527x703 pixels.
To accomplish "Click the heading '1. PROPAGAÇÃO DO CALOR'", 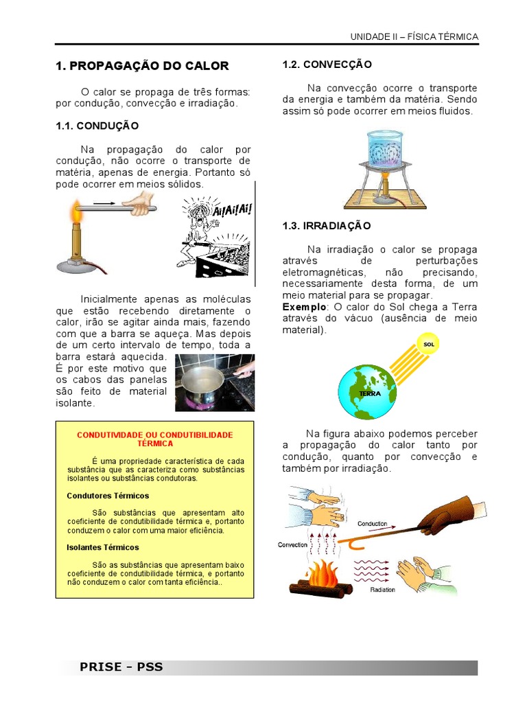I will [x=141, y=66].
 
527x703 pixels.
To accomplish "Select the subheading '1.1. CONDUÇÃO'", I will [x=97, y=126].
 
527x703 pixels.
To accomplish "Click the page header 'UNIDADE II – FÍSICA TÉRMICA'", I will [x=414, y=36].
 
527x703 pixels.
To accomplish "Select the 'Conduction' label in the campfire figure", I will [x=373, y=522].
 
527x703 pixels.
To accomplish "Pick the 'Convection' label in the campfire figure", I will [x=293, y=544].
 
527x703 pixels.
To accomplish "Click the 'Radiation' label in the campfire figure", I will [x=382, y=589].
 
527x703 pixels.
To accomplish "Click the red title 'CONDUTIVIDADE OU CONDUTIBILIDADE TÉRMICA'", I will [x=154, y=439].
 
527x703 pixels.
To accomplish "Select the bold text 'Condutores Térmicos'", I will [x=108, y=496].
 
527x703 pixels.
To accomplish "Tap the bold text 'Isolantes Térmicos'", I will [x=103, y=547].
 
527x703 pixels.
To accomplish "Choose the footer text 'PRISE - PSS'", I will [x=121, y=667].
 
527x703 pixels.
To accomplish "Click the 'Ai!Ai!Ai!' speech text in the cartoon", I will [x=232, y=209].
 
